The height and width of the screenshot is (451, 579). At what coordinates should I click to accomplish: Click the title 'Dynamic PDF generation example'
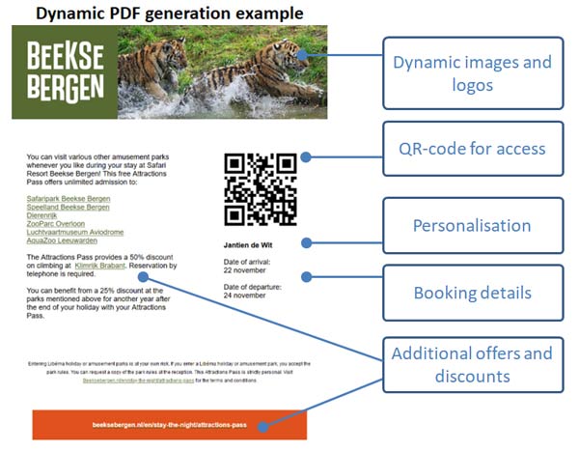pos(168,13)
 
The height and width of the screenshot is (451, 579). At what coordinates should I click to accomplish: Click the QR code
pos(260,188)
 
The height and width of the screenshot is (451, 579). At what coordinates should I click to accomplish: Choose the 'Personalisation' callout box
pos(472,226)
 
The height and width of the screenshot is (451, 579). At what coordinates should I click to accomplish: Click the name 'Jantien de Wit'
pos(250,245)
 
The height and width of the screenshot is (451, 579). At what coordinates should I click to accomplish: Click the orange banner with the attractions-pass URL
pos(169,426)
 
